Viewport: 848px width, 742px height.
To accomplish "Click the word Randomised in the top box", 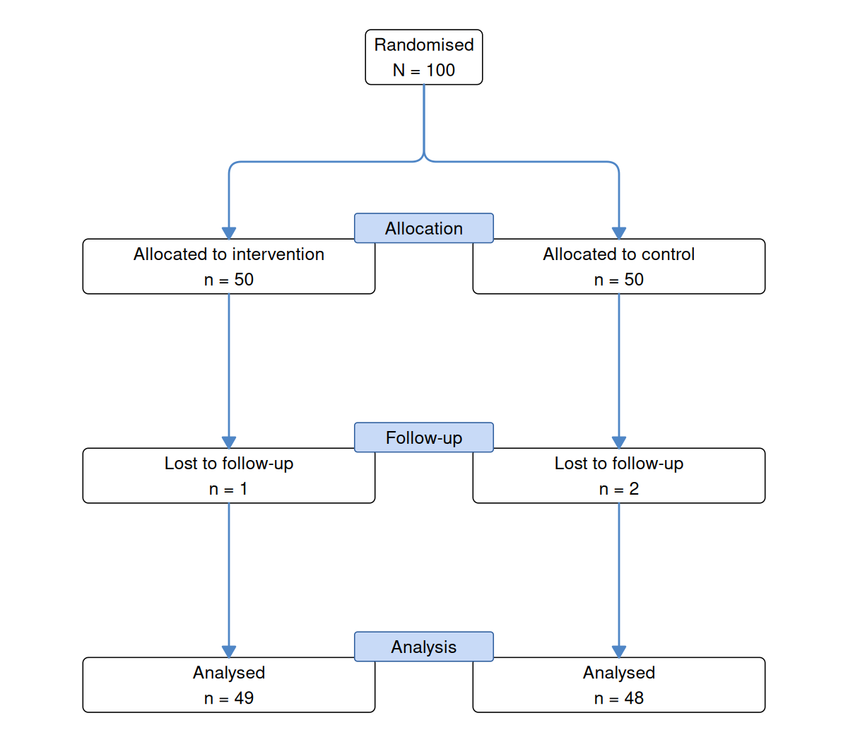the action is tap(423, 45).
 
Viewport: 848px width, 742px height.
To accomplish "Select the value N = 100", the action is tap(423, 70).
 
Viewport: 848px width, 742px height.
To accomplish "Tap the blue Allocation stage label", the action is tap(423, 228).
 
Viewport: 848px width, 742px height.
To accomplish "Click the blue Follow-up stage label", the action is tap(423, 437).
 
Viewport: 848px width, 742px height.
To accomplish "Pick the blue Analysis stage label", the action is tap(423, 647).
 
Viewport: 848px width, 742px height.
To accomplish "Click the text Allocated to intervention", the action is tap(229, 254).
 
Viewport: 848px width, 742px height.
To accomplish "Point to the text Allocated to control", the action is tap(619, 254).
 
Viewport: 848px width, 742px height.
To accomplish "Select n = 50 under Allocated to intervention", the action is tap(229, 280).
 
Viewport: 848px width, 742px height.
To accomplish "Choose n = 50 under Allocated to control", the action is tap(619, 280).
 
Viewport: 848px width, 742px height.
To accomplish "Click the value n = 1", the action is tap(228, 489).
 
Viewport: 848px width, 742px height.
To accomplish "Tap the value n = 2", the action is tap(619, 489).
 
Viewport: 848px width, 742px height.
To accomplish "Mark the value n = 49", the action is tap(229, 698).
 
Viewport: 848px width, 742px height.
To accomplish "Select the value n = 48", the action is tap(619, 698).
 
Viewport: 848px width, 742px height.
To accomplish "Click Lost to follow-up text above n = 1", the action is tap(229, 464).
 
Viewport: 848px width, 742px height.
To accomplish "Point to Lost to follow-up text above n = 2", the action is tap(619, 464).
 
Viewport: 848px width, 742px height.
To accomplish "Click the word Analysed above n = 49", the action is tap(229, 673).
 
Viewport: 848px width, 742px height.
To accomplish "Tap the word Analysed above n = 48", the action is tap(619, 673).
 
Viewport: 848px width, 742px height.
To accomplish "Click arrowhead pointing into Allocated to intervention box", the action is tap(229, 233).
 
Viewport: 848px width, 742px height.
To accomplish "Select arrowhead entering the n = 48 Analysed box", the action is tap(619, 652).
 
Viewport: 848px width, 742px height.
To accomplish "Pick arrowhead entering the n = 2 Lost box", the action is tap(619, 442).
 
